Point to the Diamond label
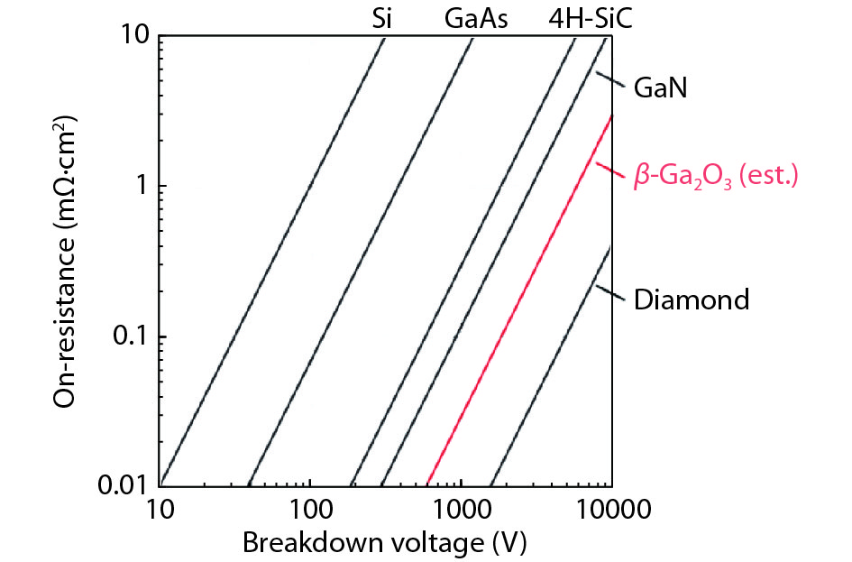pyautogui.click(x=692, y=299)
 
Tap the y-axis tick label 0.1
pyautogui.click(x=130, y=336)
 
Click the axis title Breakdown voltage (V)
pyautogui.click(x=384, y=543)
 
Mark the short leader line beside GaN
pyautogui.click(x=610, y=80)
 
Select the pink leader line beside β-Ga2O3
pyautogui.click(x=610, y=169)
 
